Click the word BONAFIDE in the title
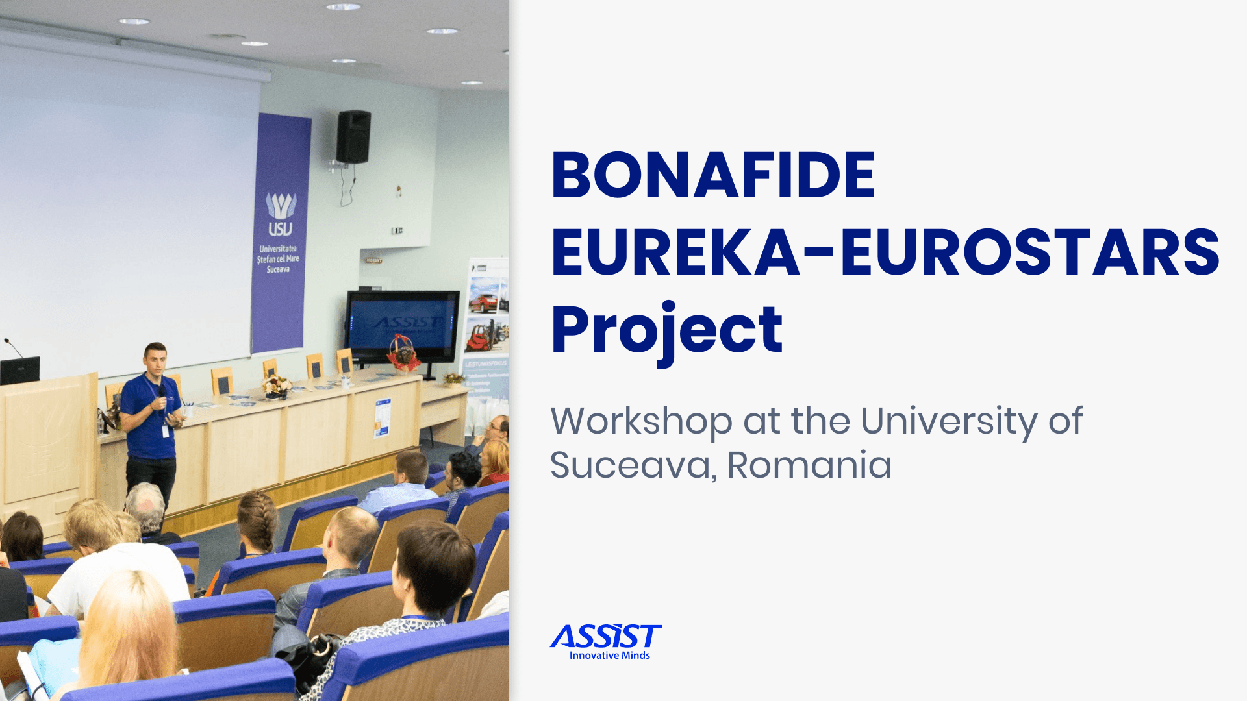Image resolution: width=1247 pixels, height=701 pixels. [713, 175]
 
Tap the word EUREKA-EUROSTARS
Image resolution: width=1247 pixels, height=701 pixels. [885, 252]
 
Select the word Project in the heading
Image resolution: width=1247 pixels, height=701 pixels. [666, 331]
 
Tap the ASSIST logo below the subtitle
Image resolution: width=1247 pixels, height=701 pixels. [605, 637]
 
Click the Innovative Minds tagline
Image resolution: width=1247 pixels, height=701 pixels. [609, 656]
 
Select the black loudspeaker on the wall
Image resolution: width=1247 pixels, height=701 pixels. [353, 137]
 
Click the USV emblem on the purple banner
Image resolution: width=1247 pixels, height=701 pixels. [281, 214]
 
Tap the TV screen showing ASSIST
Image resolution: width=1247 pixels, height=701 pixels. [402, 326]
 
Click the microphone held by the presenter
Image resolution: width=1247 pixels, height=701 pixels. [162, 393]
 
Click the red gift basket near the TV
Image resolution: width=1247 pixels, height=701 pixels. [403, 355]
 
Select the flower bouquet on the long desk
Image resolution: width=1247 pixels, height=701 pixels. [277, 387]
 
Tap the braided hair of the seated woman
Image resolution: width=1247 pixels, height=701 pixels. [258, 521]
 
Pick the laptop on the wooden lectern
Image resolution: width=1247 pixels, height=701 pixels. [19, 371]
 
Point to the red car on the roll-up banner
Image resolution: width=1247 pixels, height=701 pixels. [484, 302]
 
